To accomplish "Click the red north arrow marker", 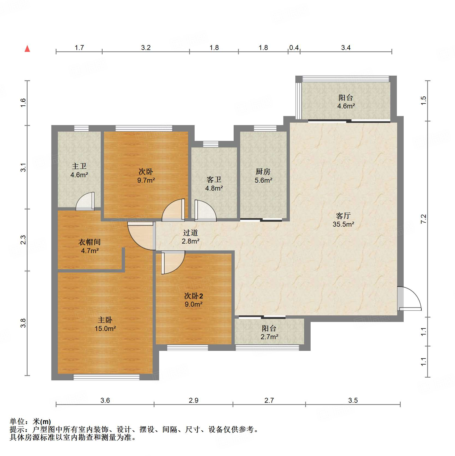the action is coord(27,49).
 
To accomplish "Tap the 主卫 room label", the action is coord(79,166).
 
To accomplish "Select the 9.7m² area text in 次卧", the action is coord(146,180).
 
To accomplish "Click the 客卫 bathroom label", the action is coord(214,180).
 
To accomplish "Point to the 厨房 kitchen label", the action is coord(263,171).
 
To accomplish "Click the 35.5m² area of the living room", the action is coord(343,224).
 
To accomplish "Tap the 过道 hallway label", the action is coord(191,233).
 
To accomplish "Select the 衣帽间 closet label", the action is coord(90,242).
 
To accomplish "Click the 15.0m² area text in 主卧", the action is coord(105,328).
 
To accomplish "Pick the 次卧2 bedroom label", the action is coord(194,296).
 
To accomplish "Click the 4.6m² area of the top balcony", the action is coord(346,106).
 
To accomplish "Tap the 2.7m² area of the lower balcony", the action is coord(269,337).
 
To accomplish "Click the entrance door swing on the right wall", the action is coord(409,298).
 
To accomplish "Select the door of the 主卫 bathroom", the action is coord(85,202).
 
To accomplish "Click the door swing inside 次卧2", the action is coord(173,262).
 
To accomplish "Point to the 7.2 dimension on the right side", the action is coord(423,219).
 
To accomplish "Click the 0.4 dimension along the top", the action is coord(294,48).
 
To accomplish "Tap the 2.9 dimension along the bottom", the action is coord(194,400).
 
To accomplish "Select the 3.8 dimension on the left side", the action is coord(23,323).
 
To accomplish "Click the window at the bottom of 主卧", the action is coord(106,377).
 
